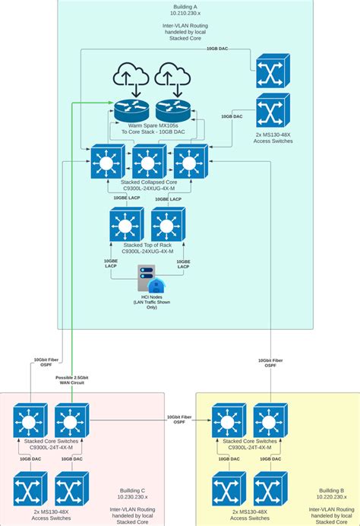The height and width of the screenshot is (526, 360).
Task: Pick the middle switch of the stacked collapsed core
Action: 148,162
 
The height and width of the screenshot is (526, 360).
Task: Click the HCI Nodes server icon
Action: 149,277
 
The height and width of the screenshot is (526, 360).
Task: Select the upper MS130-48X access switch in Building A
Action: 272,70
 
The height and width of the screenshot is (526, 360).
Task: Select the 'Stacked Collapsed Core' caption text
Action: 148,182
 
